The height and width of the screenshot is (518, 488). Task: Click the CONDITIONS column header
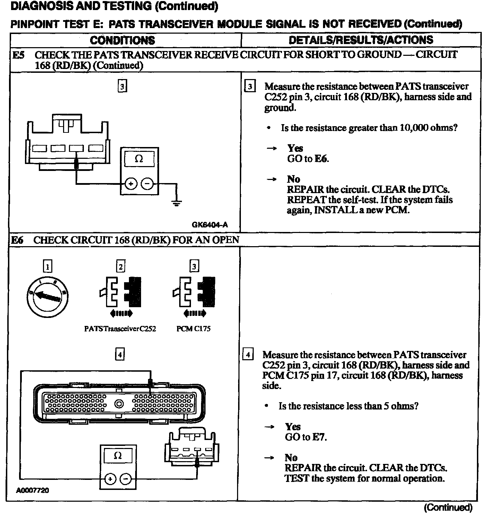(122, 40)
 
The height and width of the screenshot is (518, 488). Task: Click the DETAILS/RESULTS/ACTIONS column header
(361, 40)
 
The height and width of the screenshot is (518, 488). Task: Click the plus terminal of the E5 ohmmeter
(131, 184)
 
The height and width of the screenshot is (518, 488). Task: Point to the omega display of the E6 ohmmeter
(117, 456)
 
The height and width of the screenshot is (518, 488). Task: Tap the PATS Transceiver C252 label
(120, 329)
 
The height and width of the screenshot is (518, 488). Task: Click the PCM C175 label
(193, 329)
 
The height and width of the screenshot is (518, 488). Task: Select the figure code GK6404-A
(210, 225)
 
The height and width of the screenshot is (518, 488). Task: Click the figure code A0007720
(32, 490)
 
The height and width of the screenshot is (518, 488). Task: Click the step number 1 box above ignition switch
(47, 266)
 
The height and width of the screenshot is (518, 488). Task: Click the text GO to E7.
(306, 437)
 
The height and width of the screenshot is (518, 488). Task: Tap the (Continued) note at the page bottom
(448, 507)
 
